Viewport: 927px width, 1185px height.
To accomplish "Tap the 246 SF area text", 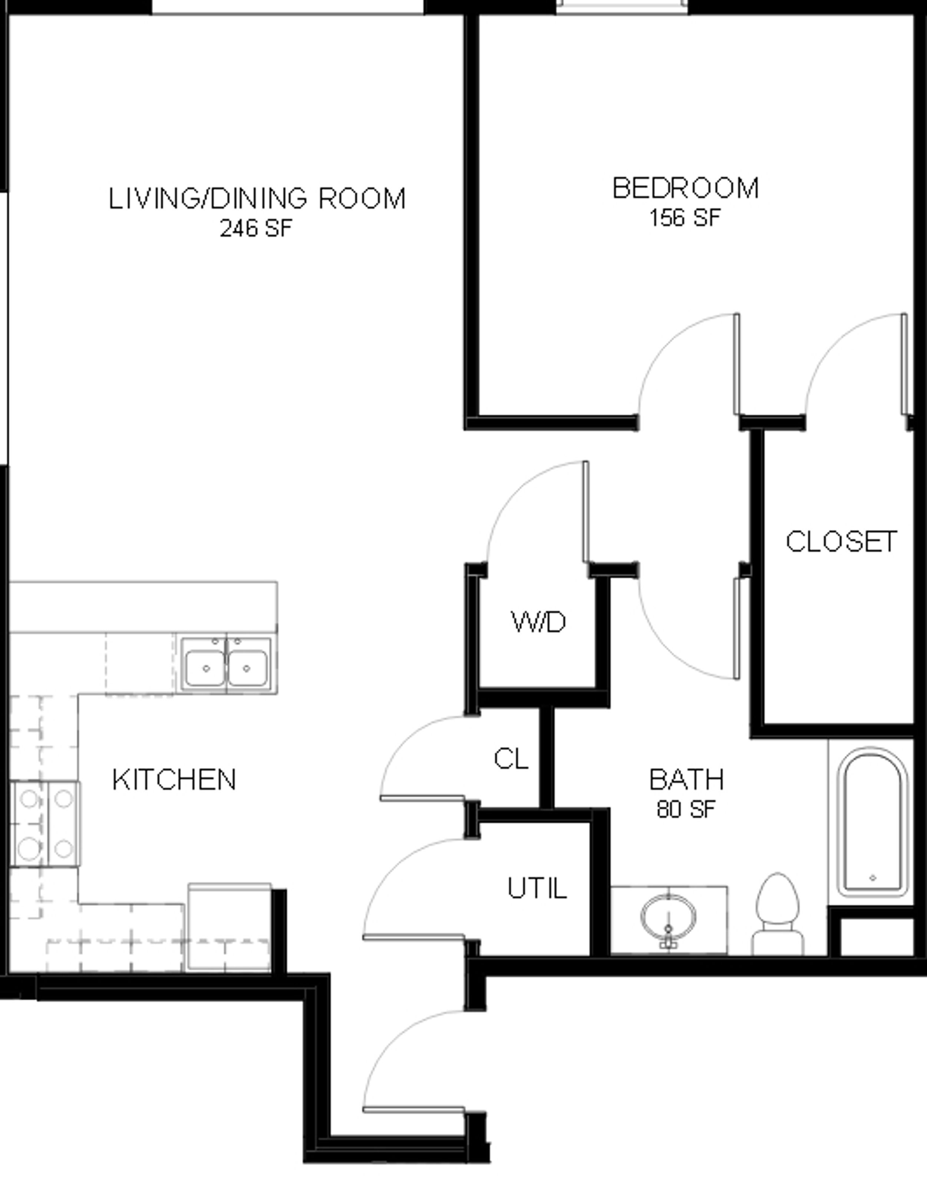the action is pos(255,228).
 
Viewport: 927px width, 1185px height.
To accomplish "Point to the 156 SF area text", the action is pos(685,218).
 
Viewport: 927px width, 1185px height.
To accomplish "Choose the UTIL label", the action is pos(537,888).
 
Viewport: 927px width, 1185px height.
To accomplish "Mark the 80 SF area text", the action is pos(687,810).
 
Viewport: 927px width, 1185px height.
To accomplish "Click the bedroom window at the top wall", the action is pos(622,7).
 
